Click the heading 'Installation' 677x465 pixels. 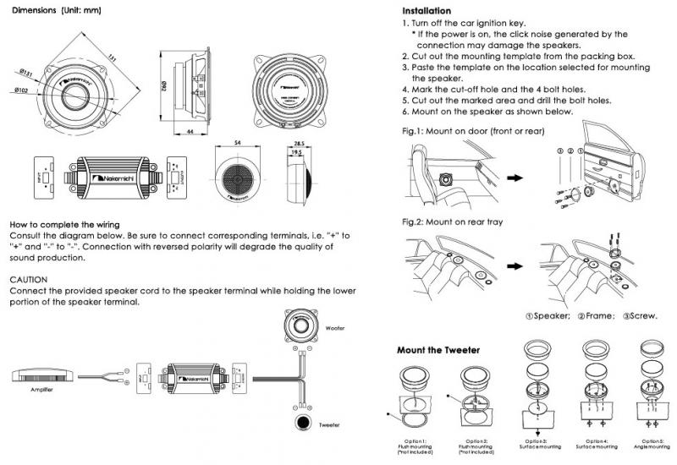(431, 8)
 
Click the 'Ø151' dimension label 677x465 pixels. (25, 73)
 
